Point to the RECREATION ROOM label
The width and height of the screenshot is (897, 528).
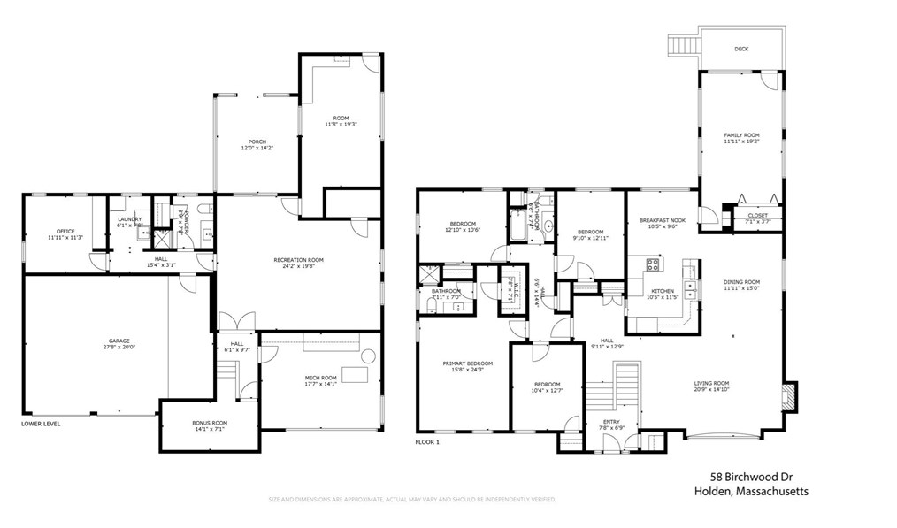point(298,259)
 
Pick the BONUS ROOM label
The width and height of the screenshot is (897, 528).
point(210,422)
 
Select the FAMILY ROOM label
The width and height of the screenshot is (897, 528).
point(741,134)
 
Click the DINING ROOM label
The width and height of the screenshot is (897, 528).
point(740,282)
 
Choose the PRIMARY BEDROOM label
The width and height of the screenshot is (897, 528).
point(467,363)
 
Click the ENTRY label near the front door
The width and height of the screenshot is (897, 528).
point(611,421)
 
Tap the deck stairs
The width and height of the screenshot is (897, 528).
point(682,44)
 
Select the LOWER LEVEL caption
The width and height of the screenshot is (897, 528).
point(41,424)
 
